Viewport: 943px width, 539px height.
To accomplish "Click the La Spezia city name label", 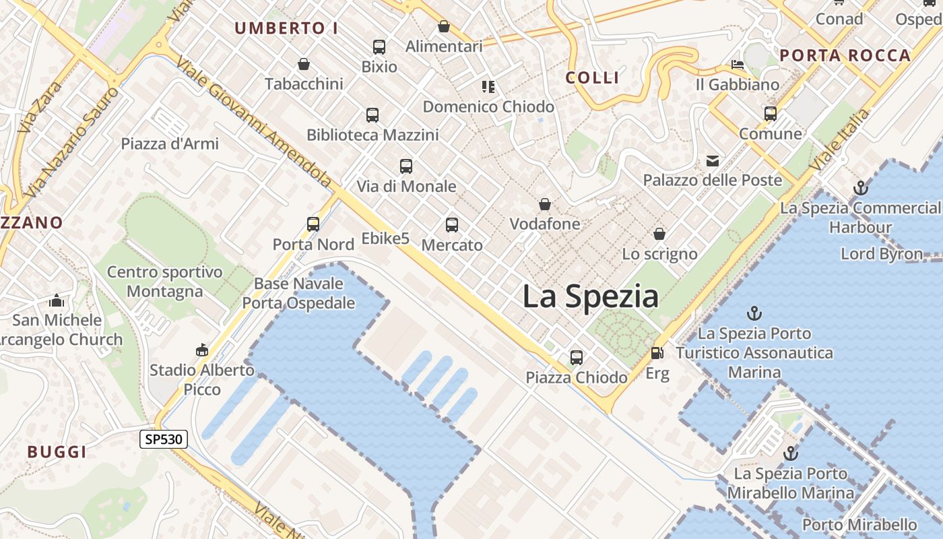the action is coord(590,296).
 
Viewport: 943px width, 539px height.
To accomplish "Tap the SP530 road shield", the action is coord(164,440).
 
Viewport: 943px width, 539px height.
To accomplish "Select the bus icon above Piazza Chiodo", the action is coord(577,357).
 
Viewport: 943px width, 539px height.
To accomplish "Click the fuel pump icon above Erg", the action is coord(657,352).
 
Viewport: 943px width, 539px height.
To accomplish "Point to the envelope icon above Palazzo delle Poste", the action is coord(713,160).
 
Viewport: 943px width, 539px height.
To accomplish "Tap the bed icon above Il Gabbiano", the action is coord(738,65).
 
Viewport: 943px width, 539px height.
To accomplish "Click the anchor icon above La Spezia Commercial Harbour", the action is coord(860,188).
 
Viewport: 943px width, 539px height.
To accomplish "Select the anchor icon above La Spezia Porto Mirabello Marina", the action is coord(791,453).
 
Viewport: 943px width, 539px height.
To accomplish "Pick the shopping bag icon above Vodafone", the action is coord(545,203).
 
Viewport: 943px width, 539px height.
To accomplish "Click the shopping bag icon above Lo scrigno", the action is coord(659,234).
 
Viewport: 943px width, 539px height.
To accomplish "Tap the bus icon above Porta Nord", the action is coord(313,224).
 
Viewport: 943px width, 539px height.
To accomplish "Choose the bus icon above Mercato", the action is coord(452,224).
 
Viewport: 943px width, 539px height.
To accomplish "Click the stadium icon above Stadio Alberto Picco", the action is coord(201,350).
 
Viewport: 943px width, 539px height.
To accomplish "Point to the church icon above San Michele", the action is coord(57,300).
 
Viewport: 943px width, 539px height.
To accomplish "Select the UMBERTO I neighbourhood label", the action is coord(286,28).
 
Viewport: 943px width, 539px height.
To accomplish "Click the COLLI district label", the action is coord(593,77).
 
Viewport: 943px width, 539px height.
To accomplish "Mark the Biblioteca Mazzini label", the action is coord(372,135).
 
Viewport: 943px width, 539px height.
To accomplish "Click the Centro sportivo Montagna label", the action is coord(164,282).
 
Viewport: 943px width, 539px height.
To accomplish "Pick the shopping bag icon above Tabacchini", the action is coord(304,64).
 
